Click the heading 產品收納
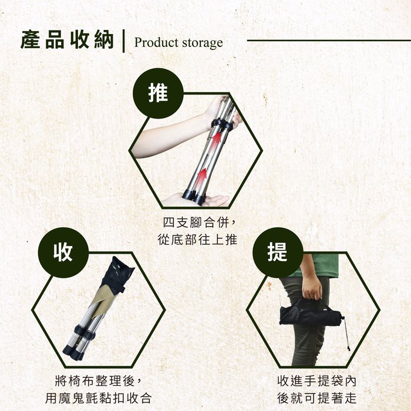coord(67,40)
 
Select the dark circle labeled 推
coord(158,93)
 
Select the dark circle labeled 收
coord(63,252)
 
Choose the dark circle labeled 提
coord(278,252)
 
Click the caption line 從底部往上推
coord(197,240)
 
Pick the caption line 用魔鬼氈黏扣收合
coord(98,398)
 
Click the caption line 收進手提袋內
coord(317,381)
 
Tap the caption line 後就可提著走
coord(317,398)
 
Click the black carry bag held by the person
coord(311,314)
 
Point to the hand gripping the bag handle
coord(312,288)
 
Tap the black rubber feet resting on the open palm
coord(194,196)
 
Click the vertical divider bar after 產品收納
coord(123,41)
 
